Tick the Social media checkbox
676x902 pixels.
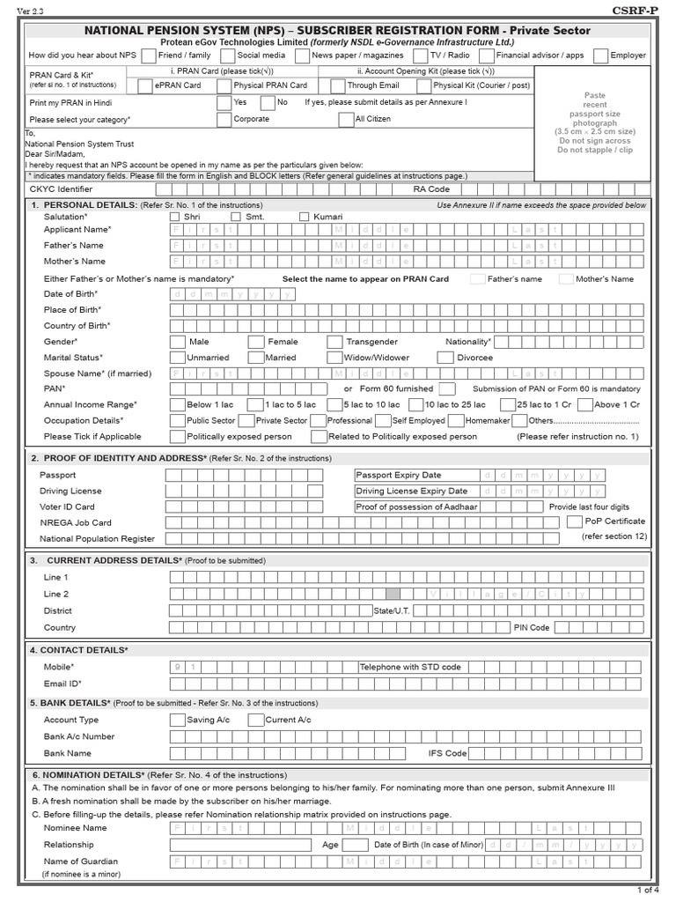[227, 55]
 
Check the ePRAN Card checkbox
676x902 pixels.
[145, 85]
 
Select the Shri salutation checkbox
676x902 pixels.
[174, 217]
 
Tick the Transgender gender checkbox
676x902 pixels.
[334, 342]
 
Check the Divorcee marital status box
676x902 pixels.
[445, 358]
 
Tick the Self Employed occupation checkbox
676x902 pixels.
[385, 421]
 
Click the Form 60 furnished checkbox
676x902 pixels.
[447, 388]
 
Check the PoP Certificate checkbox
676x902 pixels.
[574, 521]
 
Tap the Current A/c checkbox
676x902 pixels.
[255, 721]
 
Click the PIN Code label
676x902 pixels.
[532, 627]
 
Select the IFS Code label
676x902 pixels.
[448, 753]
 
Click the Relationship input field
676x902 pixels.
[240, 845]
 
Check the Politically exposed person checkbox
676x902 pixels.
[177, 436]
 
